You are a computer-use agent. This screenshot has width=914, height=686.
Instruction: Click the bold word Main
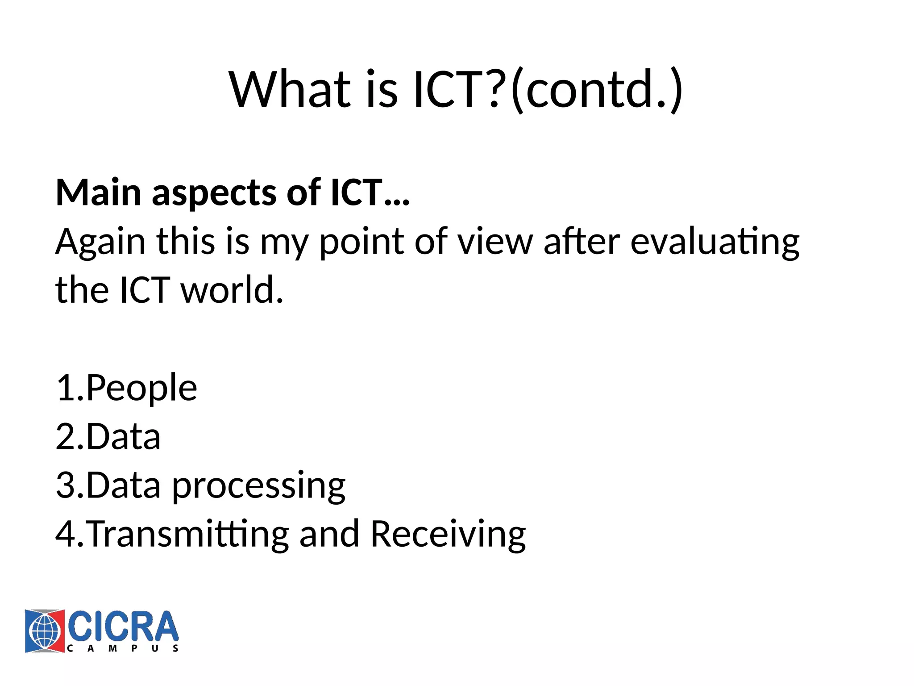[99, 193]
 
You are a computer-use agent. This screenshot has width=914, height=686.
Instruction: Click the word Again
[100, 242]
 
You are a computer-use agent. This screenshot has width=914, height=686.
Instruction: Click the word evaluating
[715, 242]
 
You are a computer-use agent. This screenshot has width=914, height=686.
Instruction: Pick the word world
[232, 290]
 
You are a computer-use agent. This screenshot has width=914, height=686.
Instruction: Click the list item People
[141, 388]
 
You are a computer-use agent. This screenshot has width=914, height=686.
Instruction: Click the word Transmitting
[187, 535]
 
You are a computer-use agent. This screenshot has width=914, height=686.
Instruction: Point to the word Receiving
[448, 535]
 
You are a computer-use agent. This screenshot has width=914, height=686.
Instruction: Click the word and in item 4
[329, 534]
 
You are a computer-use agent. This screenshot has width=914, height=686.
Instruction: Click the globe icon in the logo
[45, 631]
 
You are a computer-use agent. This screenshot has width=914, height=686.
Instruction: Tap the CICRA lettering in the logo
[123, 627]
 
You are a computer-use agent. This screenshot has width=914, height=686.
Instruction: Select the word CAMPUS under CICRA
[123, 648]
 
